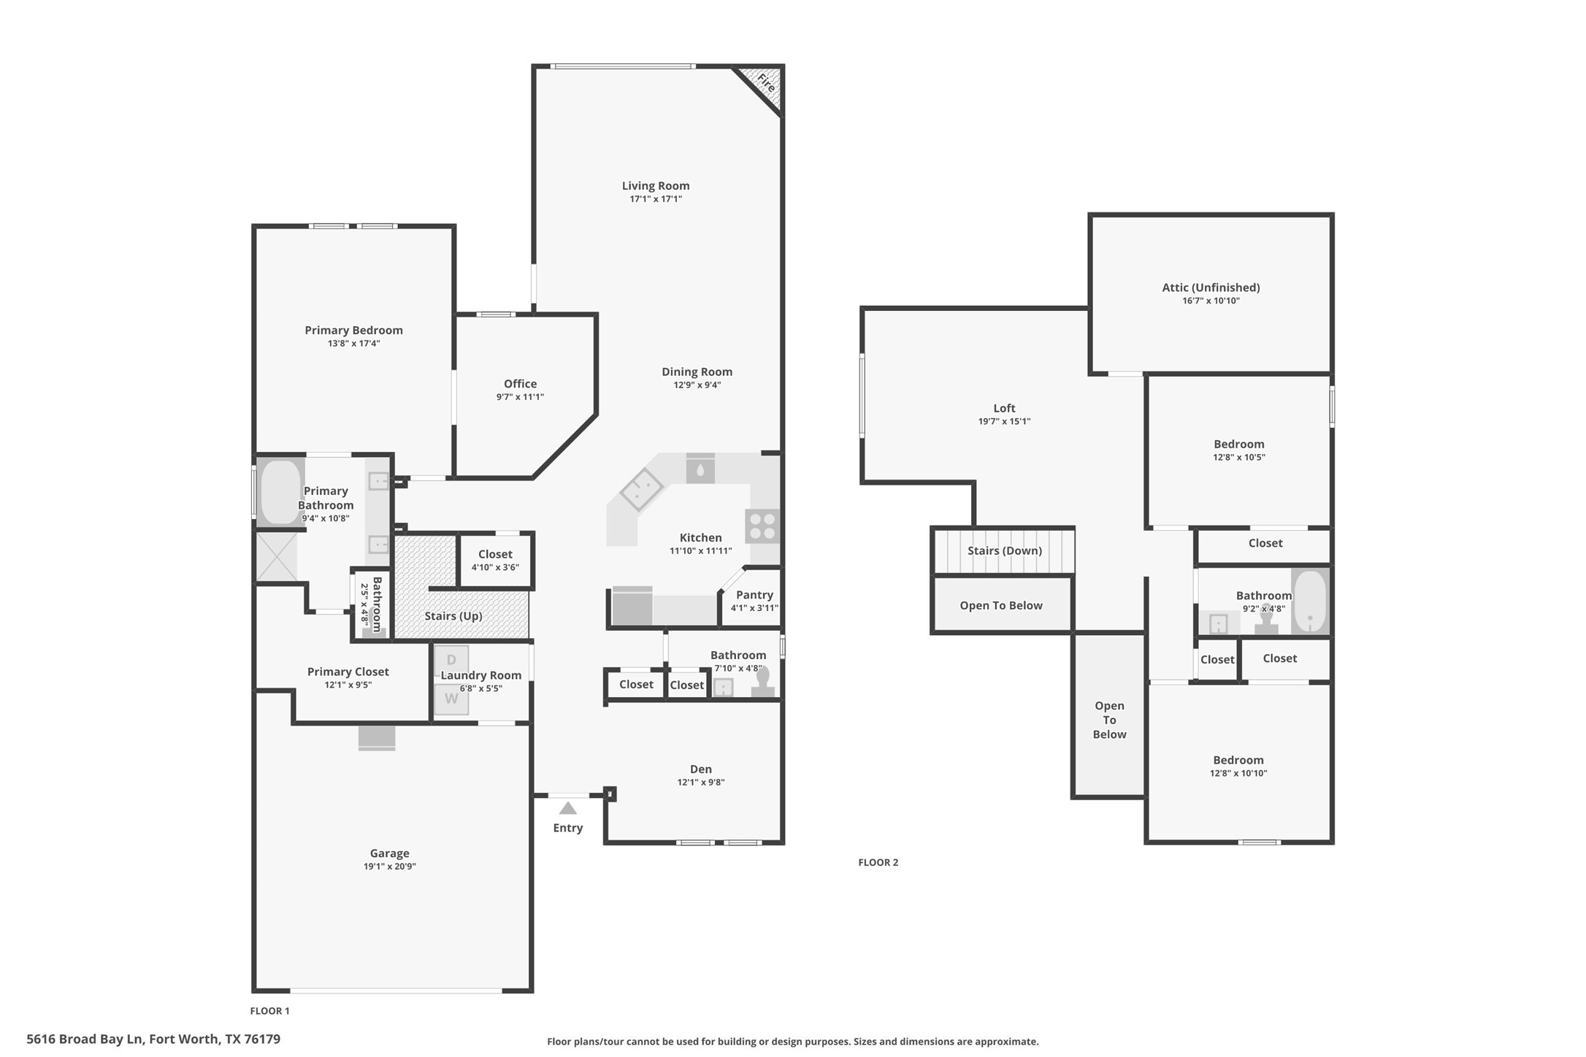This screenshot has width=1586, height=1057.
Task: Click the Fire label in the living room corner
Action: coord(765,82)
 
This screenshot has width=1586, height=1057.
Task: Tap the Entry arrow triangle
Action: coord(568,808)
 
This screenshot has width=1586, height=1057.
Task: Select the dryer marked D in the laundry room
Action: coord(451,661)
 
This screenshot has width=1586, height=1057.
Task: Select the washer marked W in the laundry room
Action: coord(451,699)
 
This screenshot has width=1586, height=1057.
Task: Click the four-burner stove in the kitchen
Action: coord(762,526)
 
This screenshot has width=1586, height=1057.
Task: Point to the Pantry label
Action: coord(754,595)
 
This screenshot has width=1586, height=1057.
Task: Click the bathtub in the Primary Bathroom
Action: coord(280,491)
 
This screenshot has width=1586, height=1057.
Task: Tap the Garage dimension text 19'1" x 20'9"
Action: coord(389,866)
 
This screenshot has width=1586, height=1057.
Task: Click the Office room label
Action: coord(520,384)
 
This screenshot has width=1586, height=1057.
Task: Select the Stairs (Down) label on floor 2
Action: coord(1004,550)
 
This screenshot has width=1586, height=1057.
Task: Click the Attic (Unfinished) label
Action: coord(1211,288)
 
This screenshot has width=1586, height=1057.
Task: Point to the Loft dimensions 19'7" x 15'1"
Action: coord(1004,421)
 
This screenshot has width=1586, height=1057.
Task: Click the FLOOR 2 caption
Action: coord(878,862)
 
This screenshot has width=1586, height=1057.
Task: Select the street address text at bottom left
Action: coord(153,1039)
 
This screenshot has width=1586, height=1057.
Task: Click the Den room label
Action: coord(700,769)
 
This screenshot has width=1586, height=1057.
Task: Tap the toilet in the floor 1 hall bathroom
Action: coord(762,683)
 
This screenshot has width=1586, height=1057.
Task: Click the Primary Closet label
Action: coord(348,672)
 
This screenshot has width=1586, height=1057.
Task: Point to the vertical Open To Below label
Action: coord(1108,720)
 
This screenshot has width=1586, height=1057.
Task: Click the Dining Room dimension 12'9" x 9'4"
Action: coord(697,385)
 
